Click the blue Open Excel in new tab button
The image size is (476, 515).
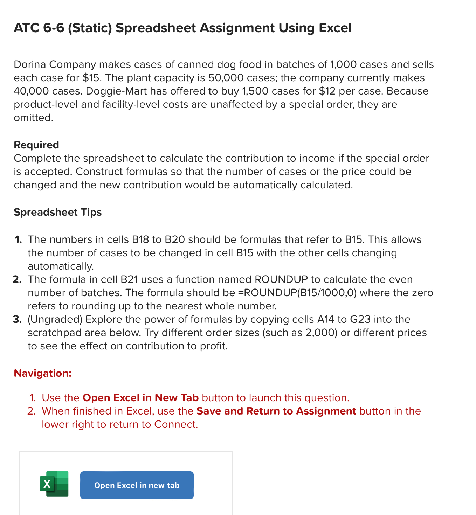(137, 485)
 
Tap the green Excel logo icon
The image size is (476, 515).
(54, 484)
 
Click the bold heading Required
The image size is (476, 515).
(36, 145)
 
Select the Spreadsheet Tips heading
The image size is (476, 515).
(57, 212)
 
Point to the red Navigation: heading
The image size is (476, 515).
(42, 373)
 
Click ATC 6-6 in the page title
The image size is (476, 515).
(39, 28)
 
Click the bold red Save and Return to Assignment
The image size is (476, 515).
(276, 411)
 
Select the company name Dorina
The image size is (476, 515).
(30, 64)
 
